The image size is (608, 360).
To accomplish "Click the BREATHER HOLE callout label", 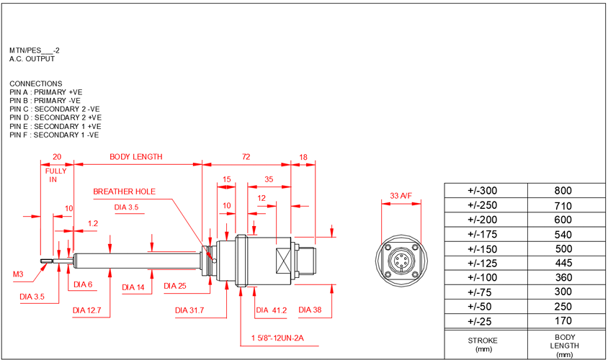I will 124,192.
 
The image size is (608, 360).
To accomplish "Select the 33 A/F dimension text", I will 401,194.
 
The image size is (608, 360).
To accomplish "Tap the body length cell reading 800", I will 563,191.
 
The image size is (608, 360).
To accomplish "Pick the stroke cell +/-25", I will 483,320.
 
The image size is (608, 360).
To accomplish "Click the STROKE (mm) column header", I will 483,344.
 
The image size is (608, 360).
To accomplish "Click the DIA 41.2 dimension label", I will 272,310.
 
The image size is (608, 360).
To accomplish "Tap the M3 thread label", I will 18,274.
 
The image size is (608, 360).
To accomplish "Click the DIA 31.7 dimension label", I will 190,310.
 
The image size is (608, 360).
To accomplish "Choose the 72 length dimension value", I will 246,156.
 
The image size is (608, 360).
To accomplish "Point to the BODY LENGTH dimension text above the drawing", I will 135,156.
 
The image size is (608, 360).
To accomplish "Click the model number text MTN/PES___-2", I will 35,51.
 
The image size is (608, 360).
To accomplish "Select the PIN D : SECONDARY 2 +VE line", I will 55,117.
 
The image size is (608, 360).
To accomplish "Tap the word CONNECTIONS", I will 36,84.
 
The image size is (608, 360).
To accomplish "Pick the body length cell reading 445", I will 563,263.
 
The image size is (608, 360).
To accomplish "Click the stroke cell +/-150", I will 483,248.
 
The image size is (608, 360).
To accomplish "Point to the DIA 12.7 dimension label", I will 87,311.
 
